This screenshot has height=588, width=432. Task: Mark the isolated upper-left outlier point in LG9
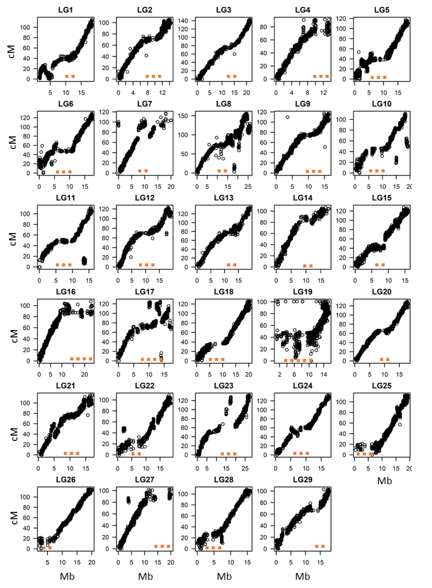pos(287,117)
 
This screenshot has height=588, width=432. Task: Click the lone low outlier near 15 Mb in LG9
pos(325,147)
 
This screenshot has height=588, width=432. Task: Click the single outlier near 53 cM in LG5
pos(359,52)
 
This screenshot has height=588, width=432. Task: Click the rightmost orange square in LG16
pos(90,359)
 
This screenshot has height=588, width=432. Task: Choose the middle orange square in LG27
pos(162,546)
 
